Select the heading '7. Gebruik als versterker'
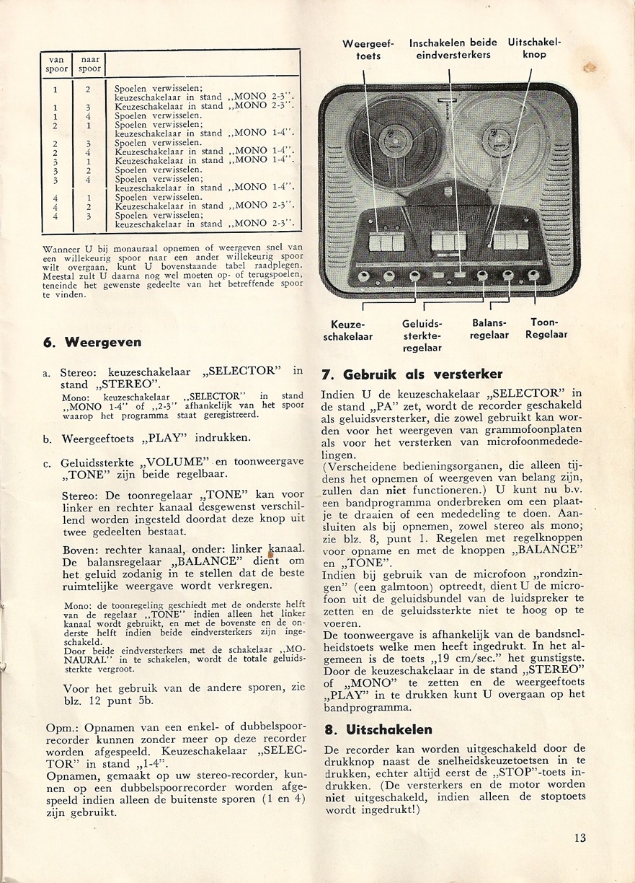point(412,374)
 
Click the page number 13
point(580,838)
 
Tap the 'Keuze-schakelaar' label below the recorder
point(348,330)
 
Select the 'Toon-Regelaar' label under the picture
point(546,329)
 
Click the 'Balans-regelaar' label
point(489,329)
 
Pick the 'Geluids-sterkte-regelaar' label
point(422,335)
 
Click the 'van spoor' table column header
point(56,64)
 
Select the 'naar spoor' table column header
point(90,64)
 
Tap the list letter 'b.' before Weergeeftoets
point(48,438)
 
